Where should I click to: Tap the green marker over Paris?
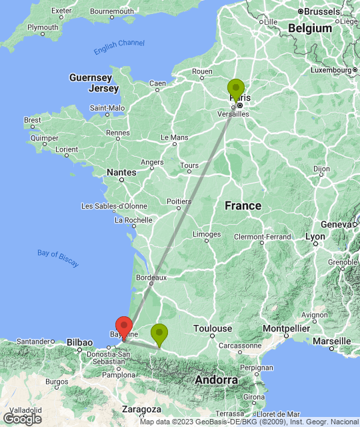[x=236, y=89]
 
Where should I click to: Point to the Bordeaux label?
[x=151, y=277]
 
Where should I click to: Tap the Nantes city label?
[x=121, y=172]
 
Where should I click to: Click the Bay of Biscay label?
[x=58, y=258]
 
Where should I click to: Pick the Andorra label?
[x=217, y=380]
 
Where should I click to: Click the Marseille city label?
[x=332, y=341]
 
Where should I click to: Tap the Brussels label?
[x=323, y=11]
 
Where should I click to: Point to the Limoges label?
[x=207, y=234]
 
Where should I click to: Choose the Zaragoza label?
[x=141, y=409]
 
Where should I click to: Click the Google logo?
[x=22, y=419]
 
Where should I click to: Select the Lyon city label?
[x=315, y=237]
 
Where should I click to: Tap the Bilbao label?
[x=79, y=342]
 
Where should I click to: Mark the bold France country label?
[x=243, y=205]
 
